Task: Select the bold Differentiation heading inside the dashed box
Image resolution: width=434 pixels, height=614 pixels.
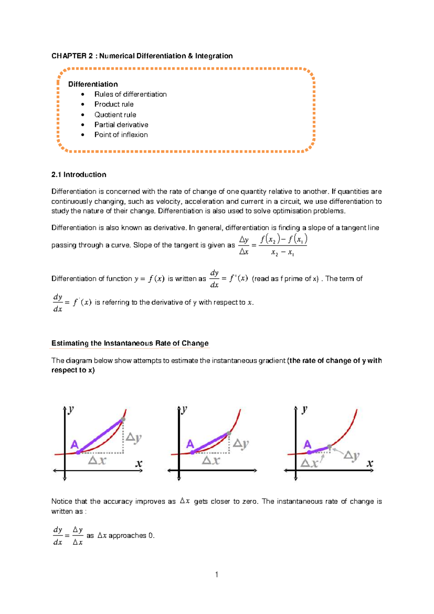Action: (x=93, y=84)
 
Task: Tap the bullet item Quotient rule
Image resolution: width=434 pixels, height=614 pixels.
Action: (x=115, y=115)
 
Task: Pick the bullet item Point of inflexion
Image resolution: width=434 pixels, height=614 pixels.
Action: (x=121, y=135)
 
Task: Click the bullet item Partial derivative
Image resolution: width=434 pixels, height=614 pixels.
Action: (x=121, y=125)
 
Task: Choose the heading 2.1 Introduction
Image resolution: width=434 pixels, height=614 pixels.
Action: (x=79, y=174)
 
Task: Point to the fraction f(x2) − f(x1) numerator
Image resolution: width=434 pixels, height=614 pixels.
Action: (x=283, y=239)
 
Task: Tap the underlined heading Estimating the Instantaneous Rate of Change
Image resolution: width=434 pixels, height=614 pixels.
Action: (x=130, y=343)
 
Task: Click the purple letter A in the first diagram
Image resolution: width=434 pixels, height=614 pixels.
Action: (x=74, y=444)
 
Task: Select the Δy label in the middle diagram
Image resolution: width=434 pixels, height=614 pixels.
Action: (x=241, y=443)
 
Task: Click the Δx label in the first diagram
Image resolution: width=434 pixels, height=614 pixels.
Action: (x=97, y=460)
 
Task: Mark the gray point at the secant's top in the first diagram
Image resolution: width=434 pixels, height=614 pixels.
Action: (x=123, y=419)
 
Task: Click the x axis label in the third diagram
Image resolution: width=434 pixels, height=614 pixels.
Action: (x=370, y=463)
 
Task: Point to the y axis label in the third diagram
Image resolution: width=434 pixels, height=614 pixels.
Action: (x=305, y=409)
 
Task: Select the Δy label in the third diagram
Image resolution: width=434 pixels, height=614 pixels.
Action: (x=351, y=455)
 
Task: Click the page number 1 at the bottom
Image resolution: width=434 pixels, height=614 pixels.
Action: (x=216, y=574)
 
